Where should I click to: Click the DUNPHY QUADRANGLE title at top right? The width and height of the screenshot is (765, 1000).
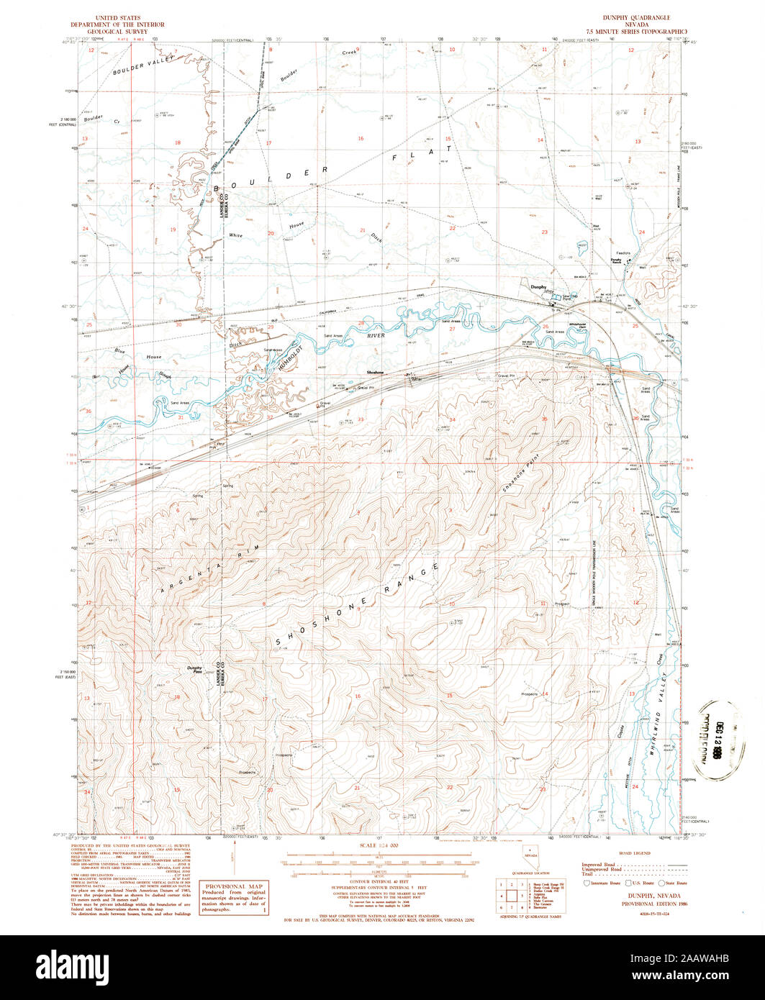tap(638, 17)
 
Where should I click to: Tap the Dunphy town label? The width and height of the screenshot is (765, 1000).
tap(538, 287)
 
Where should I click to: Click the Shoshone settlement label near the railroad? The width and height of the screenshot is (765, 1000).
tap(376, 371)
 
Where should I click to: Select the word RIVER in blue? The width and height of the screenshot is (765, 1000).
tap(377, 335)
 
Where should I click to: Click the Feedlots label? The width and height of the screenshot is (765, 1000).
tap(623, 253)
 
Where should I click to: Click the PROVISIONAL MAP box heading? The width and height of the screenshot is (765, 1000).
tap(232, 886)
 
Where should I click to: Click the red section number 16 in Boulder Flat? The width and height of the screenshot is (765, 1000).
tap(361, 138)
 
